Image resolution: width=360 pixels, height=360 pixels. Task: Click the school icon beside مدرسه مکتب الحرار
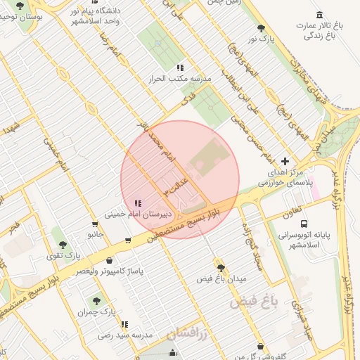click(180, 68)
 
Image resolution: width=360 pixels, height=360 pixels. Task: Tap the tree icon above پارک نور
click(262, 28)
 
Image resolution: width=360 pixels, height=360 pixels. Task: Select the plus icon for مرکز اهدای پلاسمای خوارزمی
click(284, 161)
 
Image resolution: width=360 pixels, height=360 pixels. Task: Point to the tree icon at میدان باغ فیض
click(221, 268)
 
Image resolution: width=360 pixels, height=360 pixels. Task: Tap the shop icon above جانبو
click(95, 224)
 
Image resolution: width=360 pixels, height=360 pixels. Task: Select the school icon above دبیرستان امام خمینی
click(137, 202)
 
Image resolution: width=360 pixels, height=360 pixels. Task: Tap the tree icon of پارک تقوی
click(63, 245)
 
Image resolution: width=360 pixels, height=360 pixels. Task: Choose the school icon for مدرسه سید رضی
click(124, 324)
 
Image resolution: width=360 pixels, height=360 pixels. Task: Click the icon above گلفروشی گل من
click(262, 347)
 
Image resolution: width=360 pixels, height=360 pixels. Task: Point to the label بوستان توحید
click(21, 15)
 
